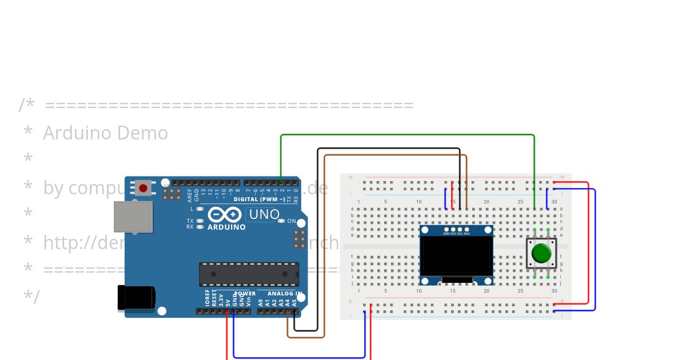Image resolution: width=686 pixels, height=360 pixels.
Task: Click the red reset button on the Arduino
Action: (x=143, y=187)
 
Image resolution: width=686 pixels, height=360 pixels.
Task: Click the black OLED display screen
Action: (x=456, y=256)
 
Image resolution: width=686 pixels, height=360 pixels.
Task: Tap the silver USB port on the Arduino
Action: (x=133, y=217)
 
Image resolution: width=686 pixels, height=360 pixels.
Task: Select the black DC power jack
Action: (x=136, y=298)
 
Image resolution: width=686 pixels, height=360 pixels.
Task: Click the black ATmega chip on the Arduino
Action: (x=249, y=274)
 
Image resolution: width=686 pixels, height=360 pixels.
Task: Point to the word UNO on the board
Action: (x=264, y=215)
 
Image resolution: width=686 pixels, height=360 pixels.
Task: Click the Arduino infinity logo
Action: (x=226, y=215)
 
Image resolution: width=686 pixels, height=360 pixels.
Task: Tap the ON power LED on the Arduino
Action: (x=281, y=221)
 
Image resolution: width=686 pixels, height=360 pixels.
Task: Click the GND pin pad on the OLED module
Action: (x=446, y=229)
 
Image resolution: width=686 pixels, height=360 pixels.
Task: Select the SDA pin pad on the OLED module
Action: (x=466, y=229)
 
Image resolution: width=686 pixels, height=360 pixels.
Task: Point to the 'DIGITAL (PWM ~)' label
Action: (x=259, y=199)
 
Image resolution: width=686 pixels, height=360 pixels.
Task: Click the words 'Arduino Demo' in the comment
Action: (x=106, y=133)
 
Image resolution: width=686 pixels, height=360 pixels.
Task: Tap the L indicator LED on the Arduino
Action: (x=200, y=209)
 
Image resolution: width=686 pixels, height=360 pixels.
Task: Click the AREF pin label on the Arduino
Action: (x=190, y=194)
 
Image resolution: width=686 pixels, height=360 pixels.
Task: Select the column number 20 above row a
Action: (x=486, y=202)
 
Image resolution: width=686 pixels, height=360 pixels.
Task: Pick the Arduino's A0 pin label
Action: (x=260, y=302)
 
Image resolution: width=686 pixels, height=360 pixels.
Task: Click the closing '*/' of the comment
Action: (x=31, y=297)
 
